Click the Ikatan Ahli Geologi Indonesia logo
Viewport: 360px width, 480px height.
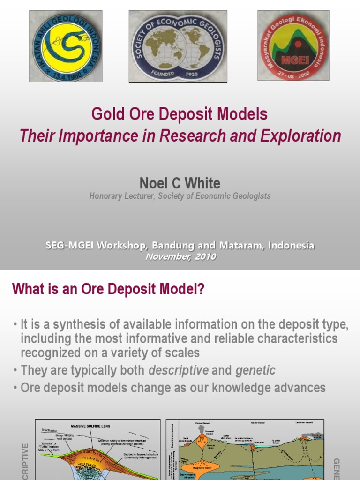click(66, 46)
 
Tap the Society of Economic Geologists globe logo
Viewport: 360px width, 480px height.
click(178, 46)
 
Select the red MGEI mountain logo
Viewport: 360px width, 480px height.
click(293, 45)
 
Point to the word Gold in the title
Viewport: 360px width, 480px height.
click(103, 114)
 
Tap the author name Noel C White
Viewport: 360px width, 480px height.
click(180, 183)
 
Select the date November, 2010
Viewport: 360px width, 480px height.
click(180, 256)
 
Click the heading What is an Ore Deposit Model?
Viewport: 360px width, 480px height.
click(108, 289)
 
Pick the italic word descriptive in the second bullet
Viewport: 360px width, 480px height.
click(179, 370)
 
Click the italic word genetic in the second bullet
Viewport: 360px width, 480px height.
click(255, 370)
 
